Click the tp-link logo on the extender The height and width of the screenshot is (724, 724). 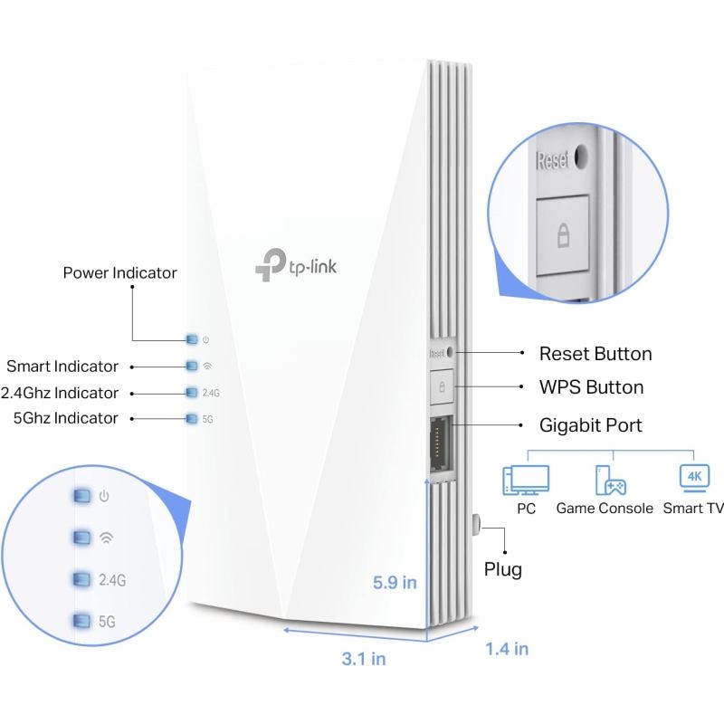(296, 264)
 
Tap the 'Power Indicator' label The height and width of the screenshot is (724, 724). (120, 273)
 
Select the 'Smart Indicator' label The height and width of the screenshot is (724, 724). (62, 367)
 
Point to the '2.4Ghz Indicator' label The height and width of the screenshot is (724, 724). (60, 393)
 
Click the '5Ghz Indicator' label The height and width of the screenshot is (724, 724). (66, 418)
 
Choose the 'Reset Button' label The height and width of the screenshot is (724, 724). (595, 354)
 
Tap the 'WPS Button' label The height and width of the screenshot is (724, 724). (592, 387)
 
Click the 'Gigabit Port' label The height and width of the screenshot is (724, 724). (591, 425)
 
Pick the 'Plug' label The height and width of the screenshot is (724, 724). (503, 570)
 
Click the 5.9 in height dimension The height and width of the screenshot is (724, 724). (395, 583)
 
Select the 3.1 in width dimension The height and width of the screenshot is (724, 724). (364, 659)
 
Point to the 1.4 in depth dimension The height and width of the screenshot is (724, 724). (507, 649)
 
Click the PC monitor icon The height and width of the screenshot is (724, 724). (526, 480)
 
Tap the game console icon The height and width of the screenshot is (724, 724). (610, 481)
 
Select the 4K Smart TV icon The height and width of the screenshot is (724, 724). (694, 478)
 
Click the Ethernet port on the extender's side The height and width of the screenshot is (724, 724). (442, 444)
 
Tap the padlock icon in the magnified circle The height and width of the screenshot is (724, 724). (563, 234)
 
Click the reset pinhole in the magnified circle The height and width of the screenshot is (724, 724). (580, 156)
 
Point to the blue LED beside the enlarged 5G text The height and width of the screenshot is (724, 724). (82, 621)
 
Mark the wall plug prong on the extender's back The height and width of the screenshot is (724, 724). (477, 525)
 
